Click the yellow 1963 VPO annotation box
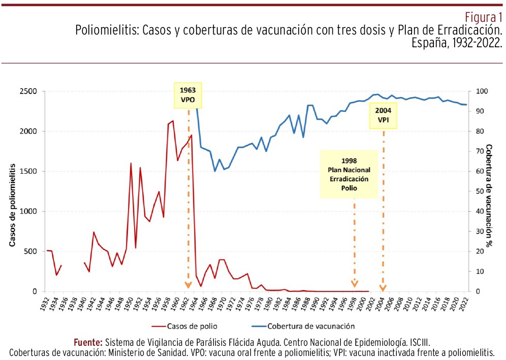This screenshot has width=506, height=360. click(x=188, y=94)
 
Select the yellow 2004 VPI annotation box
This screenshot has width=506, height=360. click(x=383, y=115)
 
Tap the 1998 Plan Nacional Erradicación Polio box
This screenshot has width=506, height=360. click(x=349, y=174)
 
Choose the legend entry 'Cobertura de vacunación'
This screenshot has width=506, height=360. click(x=312, y=326)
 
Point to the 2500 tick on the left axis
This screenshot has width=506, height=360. click(x=28, y=92)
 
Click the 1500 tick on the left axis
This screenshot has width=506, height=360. click(x=28, y=172)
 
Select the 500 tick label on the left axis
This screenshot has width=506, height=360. click(x=30, y=251)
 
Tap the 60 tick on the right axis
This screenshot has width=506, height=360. click(x=479, y=172)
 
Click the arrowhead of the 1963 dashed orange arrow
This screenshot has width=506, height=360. click(x=188, y=286)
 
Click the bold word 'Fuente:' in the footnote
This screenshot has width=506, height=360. click(x=88, y=342)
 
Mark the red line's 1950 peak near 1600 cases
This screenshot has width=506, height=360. click(x=131, y=163)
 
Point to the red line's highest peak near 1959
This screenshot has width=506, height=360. click(x=173, y=121)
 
